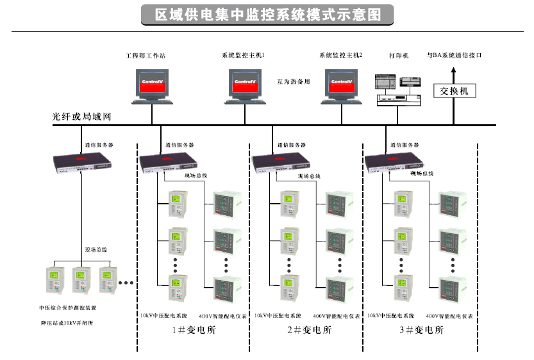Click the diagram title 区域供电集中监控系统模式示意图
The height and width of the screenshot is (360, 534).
coord(267,14)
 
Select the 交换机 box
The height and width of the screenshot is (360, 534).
coord(455,91)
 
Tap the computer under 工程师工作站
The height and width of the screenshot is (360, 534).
coord(153,86)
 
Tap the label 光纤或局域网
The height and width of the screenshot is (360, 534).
coord(82,117)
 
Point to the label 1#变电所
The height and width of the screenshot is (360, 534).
coord(195,331)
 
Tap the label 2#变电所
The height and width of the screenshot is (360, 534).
coord(309,331)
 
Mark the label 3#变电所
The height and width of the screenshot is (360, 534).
coord(421,331)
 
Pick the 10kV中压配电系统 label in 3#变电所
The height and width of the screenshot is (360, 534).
coord(391,316)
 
